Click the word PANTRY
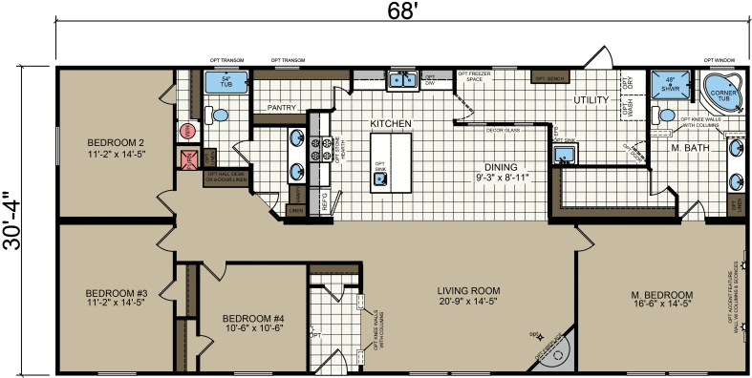281,108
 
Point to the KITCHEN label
390,124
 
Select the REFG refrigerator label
324,202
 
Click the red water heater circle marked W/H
187,131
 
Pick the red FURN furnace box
188,157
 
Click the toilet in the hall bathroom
219,115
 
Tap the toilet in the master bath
662,115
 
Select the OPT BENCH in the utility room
550,77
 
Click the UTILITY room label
591,100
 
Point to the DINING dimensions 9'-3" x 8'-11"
502,177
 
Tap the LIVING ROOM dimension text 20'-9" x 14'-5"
469,303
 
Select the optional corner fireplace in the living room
556,353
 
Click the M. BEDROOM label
661,294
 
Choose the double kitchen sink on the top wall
401,79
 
